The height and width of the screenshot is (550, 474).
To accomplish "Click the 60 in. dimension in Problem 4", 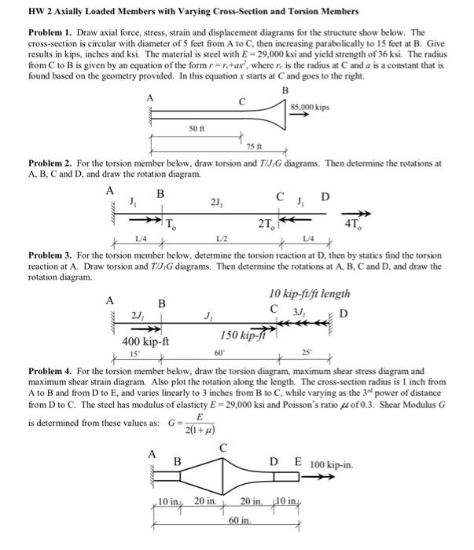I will [239, 521].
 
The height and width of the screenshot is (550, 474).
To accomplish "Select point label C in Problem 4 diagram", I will [222, 448].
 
